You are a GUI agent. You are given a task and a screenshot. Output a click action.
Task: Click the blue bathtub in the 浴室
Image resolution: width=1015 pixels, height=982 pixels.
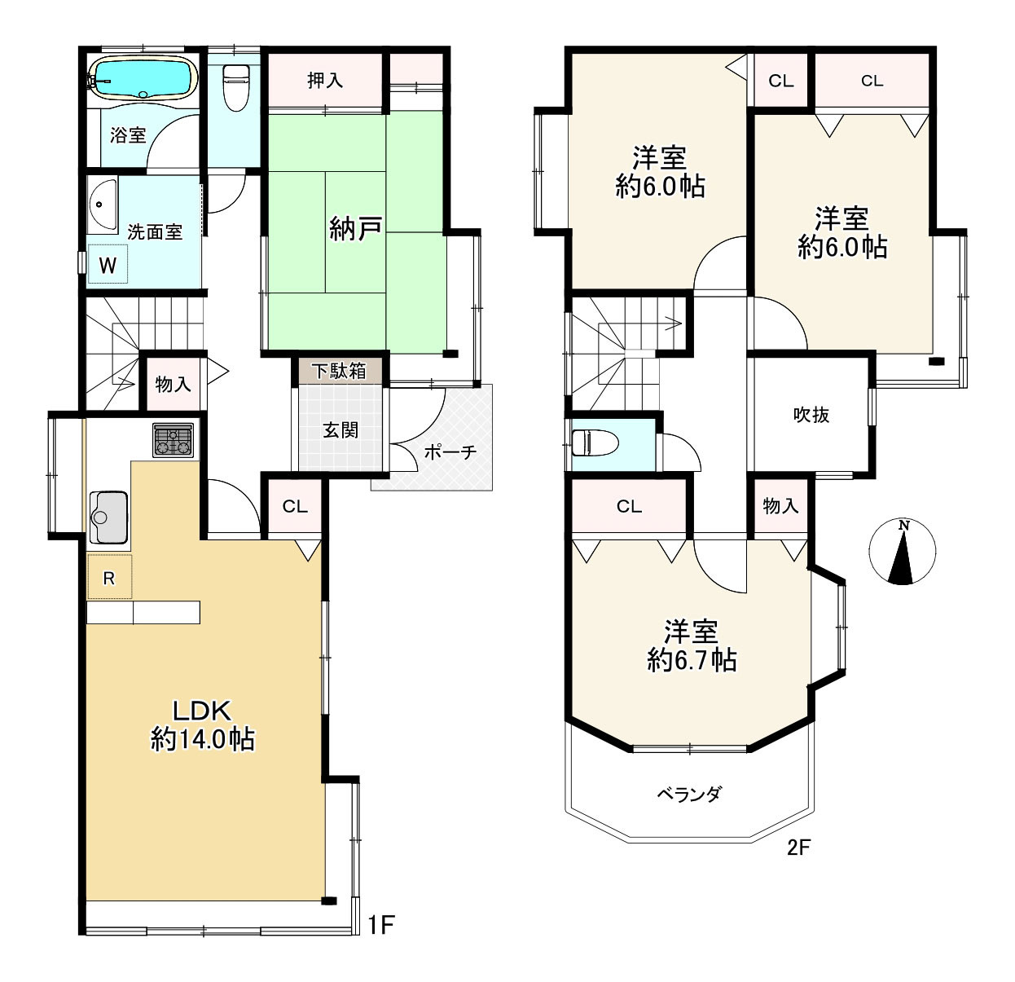(143, 77)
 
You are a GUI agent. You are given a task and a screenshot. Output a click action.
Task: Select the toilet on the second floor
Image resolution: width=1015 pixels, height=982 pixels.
(595, 443)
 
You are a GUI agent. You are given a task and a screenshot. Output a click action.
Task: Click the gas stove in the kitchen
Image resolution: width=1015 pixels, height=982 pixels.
(173, 440)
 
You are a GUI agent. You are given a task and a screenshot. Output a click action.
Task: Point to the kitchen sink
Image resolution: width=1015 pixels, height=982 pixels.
(108, 517)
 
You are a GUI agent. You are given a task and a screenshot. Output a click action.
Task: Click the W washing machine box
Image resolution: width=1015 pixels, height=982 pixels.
(108, 264)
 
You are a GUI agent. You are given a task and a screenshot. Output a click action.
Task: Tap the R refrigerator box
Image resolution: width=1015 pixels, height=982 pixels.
(109, 577)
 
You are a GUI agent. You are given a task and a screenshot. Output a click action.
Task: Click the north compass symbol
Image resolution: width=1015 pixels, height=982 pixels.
(903, 551)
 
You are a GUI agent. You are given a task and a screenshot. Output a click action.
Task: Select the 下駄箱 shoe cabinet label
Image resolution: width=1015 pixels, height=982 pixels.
(339, 371)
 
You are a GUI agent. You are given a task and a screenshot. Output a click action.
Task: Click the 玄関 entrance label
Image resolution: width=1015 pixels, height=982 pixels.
(340, 430)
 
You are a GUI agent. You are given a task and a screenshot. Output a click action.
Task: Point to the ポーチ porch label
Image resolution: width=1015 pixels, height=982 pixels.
(450, 451)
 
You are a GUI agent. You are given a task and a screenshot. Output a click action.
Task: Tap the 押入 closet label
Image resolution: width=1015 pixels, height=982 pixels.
(325, 80)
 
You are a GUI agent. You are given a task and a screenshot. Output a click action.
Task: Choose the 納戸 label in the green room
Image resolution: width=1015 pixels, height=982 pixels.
(356, 229)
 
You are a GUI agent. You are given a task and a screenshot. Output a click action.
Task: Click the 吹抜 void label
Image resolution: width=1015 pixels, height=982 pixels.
(811, 415)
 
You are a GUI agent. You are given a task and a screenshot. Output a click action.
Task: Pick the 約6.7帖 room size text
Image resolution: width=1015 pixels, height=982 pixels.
(692, 660)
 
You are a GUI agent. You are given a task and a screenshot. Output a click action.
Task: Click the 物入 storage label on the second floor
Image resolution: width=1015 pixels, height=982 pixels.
(780, 505)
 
